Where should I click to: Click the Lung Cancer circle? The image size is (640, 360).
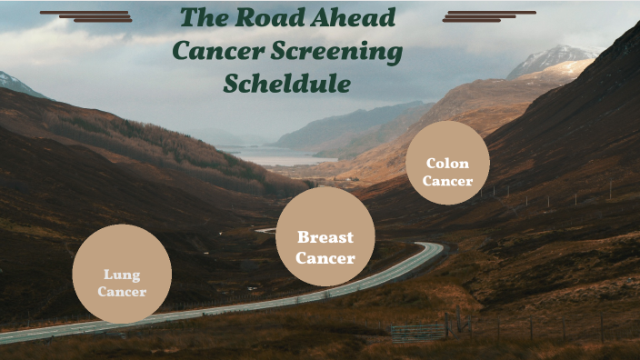pos(122,274)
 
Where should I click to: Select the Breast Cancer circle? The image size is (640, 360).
pos(325,236)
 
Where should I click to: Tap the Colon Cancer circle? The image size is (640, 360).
pos(446,163)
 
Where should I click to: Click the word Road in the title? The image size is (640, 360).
pos(265,18)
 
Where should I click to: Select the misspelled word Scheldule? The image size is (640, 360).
pos(286,85)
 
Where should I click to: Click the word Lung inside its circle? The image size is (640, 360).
pos(122,274)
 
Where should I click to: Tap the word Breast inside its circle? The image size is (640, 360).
pos(325,237)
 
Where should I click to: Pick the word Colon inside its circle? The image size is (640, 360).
pos(447,164)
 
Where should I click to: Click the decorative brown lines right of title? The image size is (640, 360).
pos(488,16)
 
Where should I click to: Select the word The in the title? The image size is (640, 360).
pos(200,18)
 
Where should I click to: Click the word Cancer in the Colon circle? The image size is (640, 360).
pos(447,181)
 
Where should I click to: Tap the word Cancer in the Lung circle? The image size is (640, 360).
pos(122,292)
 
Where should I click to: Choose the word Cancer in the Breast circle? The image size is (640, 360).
pos(325,258)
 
